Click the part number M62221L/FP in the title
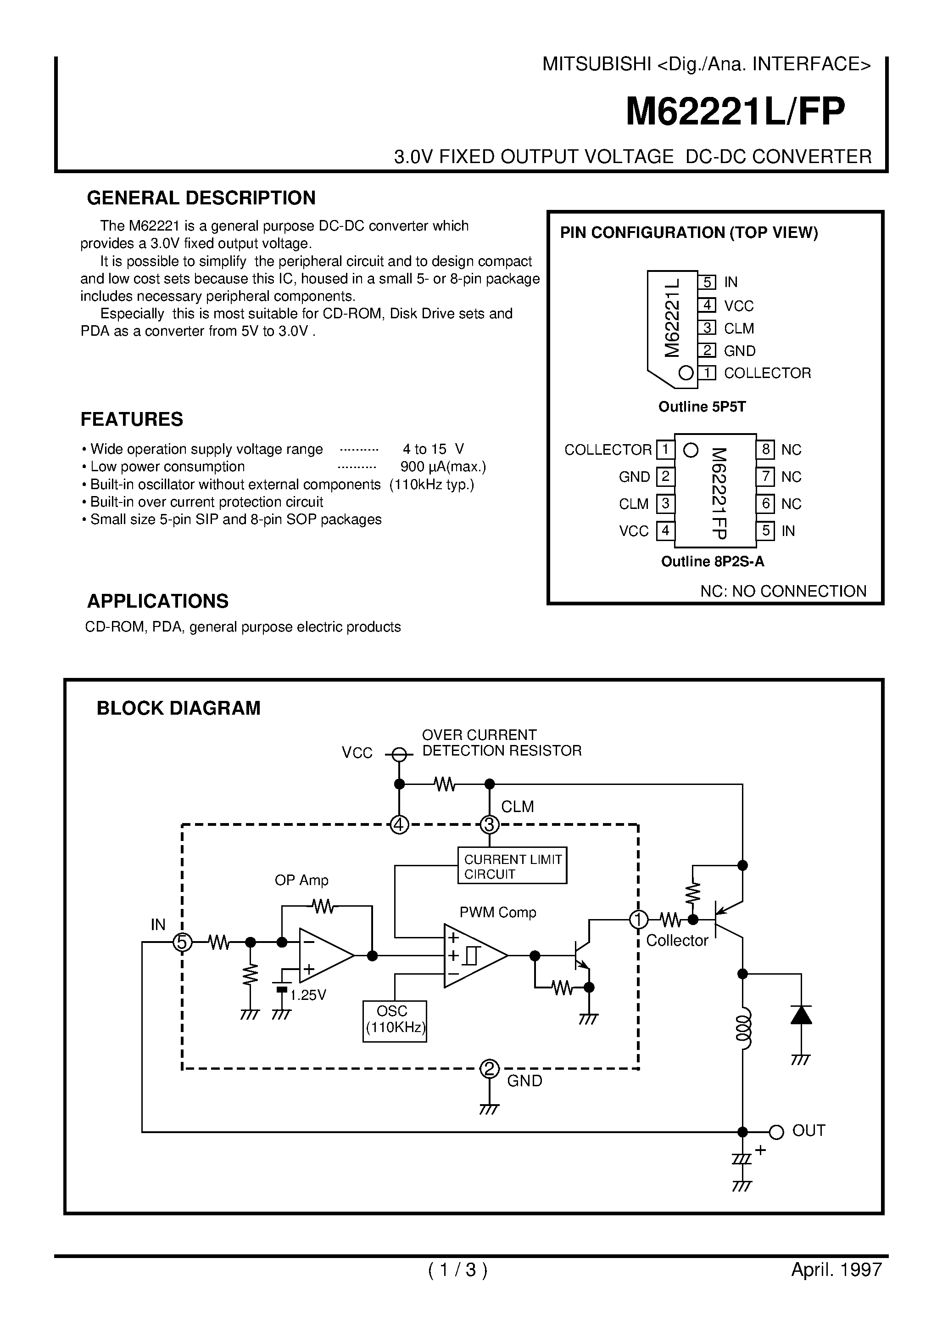pyautogui.click(x=735, y=112)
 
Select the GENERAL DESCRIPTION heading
pyautogui.click(x=201, y=197)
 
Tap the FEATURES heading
pyautogui.click(x=132, y=419)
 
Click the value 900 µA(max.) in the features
pyautogui.click(x=443, y=467)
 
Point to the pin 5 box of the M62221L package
pyautogui.click(x=707, y=282)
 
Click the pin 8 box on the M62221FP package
pyautogui.click(x=765, y=450)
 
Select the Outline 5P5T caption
pyautogui.click(x=702, y=406)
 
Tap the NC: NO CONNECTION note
pyautogui.click(x=783, y=591)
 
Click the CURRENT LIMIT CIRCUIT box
pyautogui.click(x=512, y=866)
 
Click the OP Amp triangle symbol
pyautogui.click(x=324, y=956)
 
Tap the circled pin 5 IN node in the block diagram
pyautogui.click(x=182, y=942)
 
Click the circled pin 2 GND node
pyautogui.click(x=489, y=1069)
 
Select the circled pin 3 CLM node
pyautogui.click(x=489, y=825)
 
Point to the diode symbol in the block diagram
pyautogui.click(x=801, y=1015)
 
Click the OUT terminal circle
pyautogui.click(x=776, y=1132)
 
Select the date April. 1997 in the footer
pyautogui.click(x=836, y=1270)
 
